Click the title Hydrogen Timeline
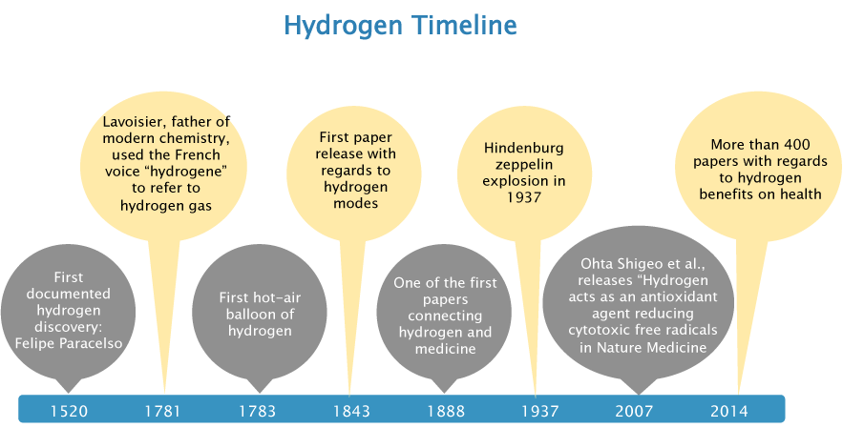pos(401,25)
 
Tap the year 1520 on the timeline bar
pos(69,412)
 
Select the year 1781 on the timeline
pos(163,412)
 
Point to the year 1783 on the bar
pos(258,412)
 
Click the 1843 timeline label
pos(351,412)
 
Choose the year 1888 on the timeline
pos(446,412)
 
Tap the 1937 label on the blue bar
pos(540,412)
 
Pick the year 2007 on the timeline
pos(635,412)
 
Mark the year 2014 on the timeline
pos(729,412)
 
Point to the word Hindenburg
pos(523,149)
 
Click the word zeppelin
pos(523,165)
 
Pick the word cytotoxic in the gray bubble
pos(598,330)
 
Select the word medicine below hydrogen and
pos(446,349)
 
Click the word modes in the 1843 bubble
pos(355,204)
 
